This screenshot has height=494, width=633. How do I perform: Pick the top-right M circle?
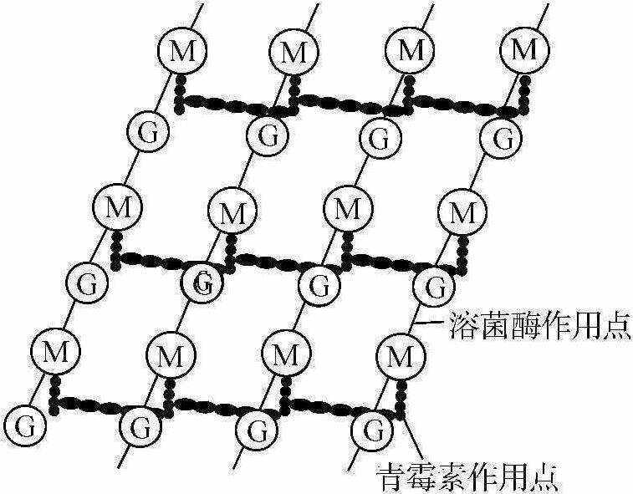click(x=523, y=50)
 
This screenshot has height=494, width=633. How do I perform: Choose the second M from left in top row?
click(x=294, y=53)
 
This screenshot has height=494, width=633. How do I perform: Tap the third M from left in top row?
click(x=410, y=50)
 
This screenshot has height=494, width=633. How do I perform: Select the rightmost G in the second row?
click(x=503, y=137)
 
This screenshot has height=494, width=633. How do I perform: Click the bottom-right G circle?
click(x=369, y=431)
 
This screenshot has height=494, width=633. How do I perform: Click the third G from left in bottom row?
click(x=252, y=430)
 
